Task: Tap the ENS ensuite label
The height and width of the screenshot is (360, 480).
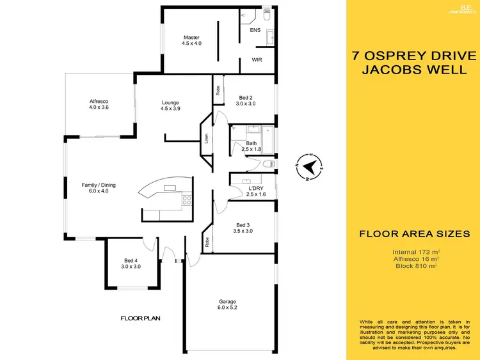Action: [255, 29]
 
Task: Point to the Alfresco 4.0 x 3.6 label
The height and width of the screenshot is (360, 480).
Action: [99, 104]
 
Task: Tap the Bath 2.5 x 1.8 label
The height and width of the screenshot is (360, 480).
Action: [251, 146]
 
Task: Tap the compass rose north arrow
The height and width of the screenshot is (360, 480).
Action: [310, 168]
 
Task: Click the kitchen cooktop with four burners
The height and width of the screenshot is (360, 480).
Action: [187, 200]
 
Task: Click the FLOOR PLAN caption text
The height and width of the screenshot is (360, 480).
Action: [140, 318]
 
